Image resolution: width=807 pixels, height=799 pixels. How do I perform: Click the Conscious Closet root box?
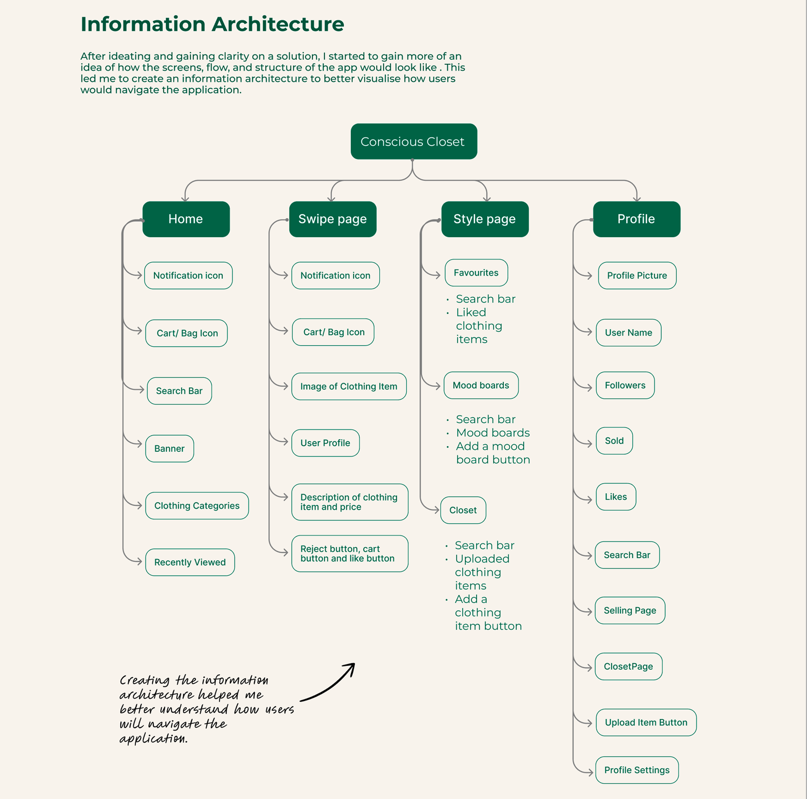tap(414, 141)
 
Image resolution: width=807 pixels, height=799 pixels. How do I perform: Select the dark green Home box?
tap(186, 219)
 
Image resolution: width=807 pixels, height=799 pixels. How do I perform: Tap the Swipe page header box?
tap(332, 219)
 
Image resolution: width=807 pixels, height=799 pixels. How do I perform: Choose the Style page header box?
tap(485, 219)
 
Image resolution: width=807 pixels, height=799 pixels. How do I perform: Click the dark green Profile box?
tap(636, 219)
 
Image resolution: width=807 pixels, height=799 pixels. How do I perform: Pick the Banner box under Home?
tap(169, 449)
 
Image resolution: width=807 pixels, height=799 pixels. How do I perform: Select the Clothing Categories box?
tap(197, 505)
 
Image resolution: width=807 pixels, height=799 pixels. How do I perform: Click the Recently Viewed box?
tap(190, 562)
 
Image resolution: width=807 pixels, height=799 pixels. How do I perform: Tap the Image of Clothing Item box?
tap(349, 386)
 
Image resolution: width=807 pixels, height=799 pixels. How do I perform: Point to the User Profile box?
tap(325, 443)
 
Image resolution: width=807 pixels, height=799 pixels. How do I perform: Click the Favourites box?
tap(476, 273)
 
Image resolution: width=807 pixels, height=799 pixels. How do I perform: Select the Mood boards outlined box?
tap(481, 385)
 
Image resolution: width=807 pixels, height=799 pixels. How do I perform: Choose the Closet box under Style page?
tap(463, 510)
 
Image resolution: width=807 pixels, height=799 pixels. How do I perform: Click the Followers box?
tap(625, 385)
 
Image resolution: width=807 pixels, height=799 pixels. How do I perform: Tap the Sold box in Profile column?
tap(614, 441)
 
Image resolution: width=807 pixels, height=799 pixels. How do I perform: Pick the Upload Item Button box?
tap(646, 722)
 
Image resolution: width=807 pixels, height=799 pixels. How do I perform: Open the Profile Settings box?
tap(637, 770)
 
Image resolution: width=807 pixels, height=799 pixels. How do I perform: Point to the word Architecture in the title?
tap(278, 24)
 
